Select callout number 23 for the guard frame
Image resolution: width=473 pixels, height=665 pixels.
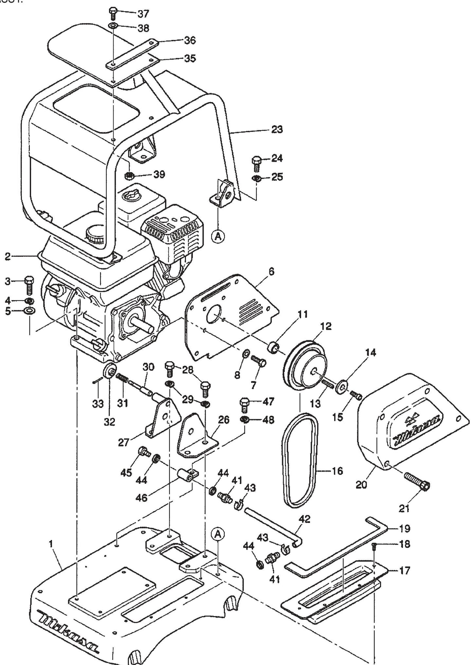[277, 130]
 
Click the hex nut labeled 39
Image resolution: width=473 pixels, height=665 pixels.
[129, 175]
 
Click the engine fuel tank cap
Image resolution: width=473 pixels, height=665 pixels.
[95, 233]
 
